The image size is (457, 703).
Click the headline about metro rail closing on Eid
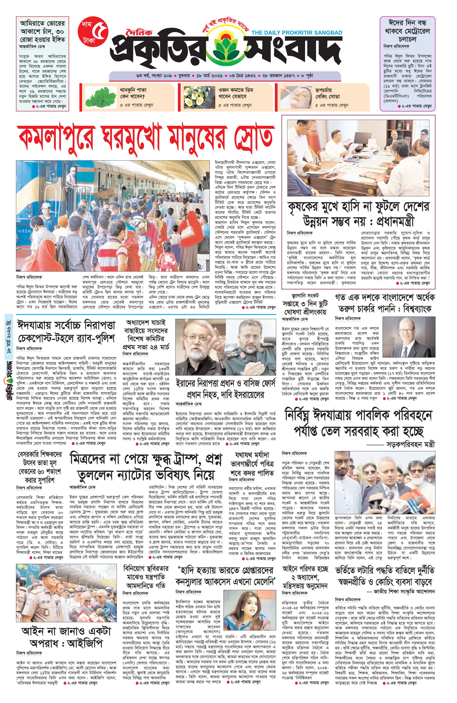click(x=407, y=31)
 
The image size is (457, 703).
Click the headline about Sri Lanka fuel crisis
click(x=305, y=303)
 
